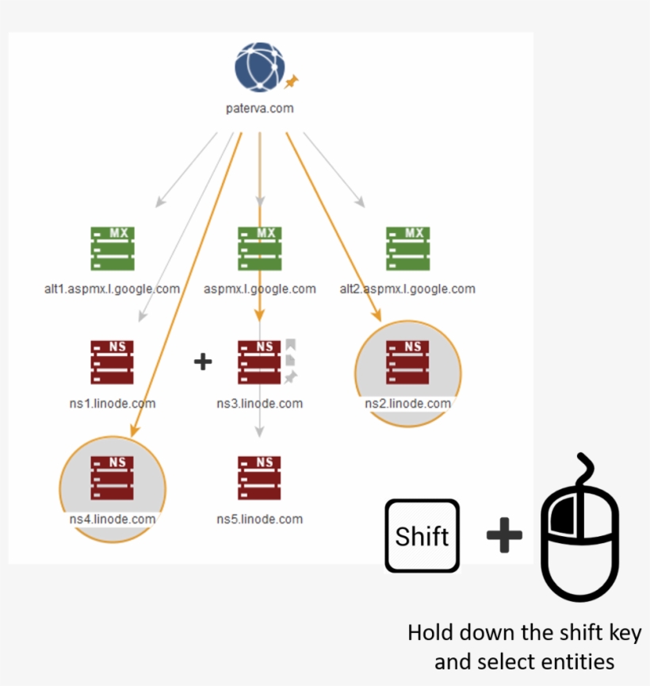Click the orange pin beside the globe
click(292, 81)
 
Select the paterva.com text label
click(259, 109)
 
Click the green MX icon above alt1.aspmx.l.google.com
click(112, 249)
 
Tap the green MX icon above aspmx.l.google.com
click(259, 249)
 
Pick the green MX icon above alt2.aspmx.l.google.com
click(407, 249)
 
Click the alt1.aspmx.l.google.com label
click(112, 289)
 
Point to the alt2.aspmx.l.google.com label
click(407, 289)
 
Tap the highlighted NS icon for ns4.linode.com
click(112, 478)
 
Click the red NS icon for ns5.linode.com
click(259, 478)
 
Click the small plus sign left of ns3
click(203, 362)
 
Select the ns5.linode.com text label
click(259, 519)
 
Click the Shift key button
click(422, 536)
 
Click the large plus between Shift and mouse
click(504, 536)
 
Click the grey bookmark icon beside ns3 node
click(291, 345)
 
